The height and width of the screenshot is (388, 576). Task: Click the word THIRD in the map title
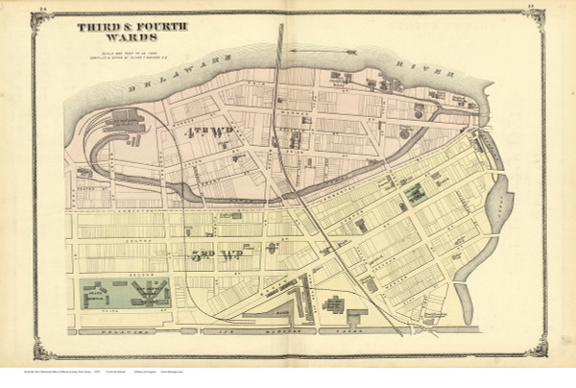pyautogui.click(x=94, y=30)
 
